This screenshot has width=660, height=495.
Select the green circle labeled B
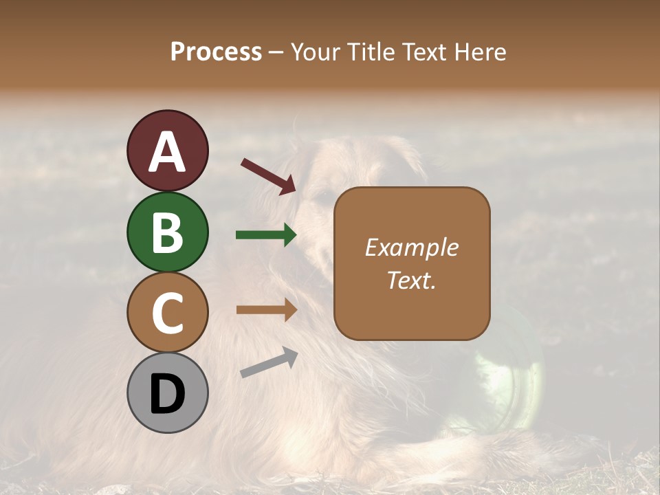[168, 232]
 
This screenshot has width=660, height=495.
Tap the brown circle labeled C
[168, 313]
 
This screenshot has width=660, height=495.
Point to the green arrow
[266, 235]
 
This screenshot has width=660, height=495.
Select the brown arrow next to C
[266, 309]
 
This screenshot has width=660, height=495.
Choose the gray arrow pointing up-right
[269, 362]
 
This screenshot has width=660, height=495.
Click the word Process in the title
[216, 52]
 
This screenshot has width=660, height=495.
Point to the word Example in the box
[411, 247]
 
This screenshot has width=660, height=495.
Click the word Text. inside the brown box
[411, 280]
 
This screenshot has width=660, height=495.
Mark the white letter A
[168, 152]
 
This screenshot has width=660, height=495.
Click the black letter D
[168, 394]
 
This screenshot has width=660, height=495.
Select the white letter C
[168, 313]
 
